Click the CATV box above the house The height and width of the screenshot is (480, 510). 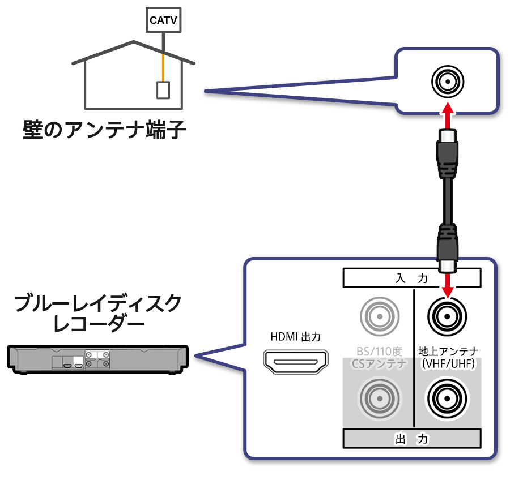[163, 20]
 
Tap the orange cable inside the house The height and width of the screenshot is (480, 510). [163, 67]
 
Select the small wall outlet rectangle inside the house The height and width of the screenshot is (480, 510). [163, 90]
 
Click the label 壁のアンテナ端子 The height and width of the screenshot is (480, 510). [104, 130]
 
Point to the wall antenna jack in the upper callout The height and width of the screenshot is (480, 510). [448, 82]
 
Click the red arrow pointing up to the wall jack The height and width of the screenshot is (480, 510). [448, 116]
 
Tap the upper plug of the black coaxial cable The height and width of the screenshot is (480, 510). [448, 154]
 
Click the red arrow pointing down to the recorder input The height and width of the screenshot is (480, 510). [448, 286]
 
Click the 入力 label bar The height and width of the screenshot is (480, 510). [412, 278]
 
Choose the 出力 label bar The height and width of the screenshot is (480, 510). [412, 439]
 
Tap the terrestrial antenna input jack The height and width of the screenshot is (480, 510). [447, 316]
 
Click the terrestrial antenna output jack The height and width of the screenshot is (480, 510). [447, 398]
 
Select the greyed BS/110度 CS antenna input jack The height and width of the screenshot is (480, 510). [379, 316]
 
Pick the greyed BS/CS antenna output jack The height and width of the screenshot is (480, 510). [379, 398]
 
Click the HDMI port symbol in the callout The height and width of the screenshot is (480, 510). [295, 362]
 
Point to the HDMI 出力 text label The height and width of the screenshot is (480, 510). [295, 337]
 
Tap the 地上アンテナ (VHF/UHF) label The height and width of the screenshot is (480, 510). [448, 357]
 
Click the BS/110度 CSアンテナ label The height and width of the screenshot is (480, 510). [379, 357]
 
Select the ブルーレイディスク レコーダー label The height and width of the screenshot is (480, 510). [98, 312]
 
